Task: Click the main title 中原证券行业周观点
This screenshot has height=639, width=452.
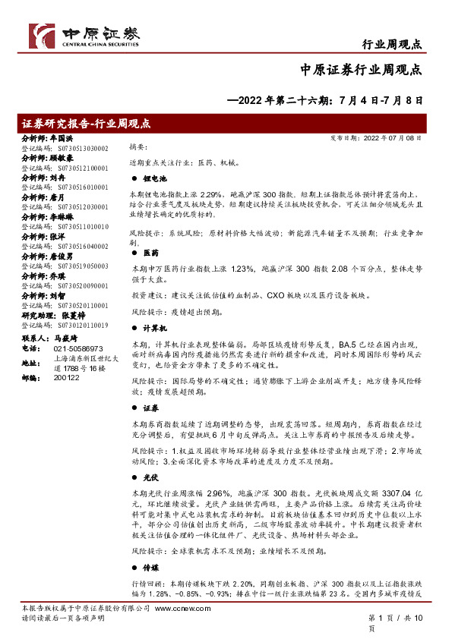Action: (x=362, y=70)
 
